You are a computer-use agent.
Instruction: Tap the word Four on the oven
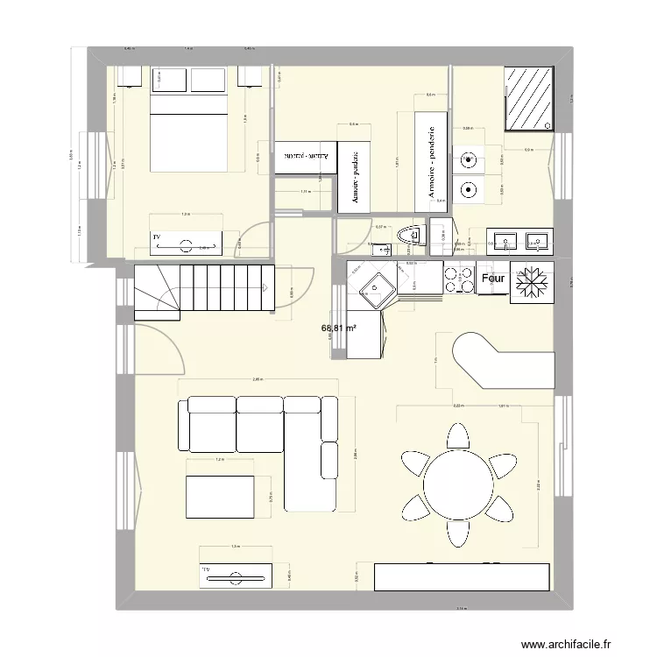pos(493,279)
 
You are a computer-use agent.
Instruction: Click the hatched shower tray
pos(529,98)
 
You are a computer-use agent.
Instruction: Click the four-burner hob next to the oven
pos(456,280)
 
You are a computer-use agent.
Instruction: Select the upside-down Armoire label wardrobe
pos(307,159)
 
